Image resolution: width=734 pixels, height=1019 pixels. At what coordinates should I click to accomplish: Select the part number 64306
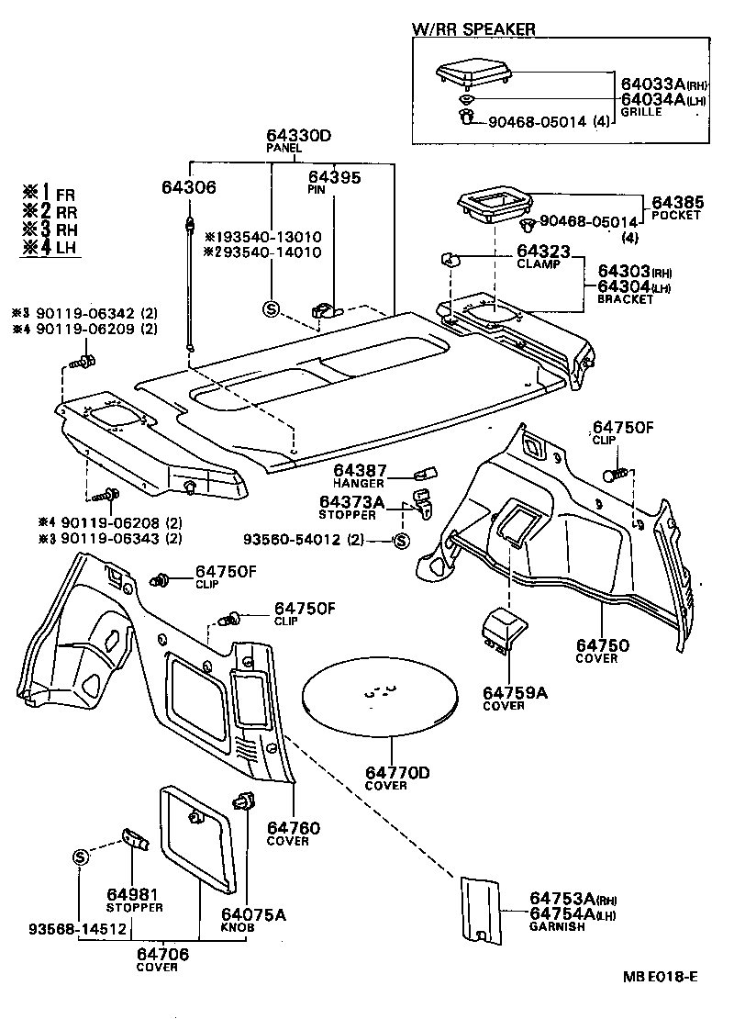(x=189, y=187)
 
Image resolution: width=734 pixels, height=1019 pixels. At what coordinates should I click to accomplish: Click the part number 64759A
(x=515, y=692)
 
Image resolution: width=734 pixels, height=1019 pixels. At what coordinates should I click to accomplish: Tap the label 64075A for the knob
(x=253, y=913)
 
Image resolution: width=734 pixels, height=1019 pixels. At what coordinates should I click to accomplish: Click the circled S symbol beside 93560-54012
(x=400, y=542)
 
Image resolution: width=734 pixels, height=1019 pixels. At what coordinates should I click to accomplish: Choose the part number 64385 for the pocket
(x=677, y=202)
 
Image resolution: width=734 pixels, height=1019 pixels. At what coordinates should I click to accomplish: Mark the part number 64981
(x=133, y=894)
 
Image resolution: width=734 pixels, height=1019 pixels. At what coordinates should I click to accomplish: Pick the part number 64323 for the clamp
(x=543, y=251)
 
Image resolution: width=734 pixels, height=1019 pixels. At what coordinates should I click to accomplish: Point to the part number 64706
(x=162, y=954)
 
